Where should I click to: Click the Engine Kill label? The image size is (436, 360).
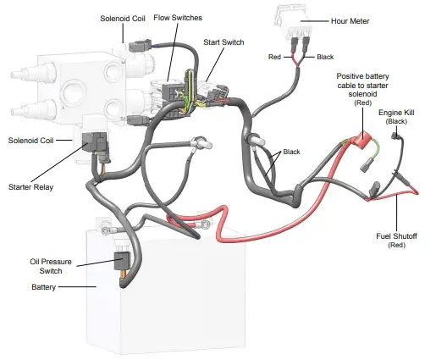[395, 112]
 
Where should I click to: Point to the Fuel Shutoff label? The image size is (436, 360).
[397, 235]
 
